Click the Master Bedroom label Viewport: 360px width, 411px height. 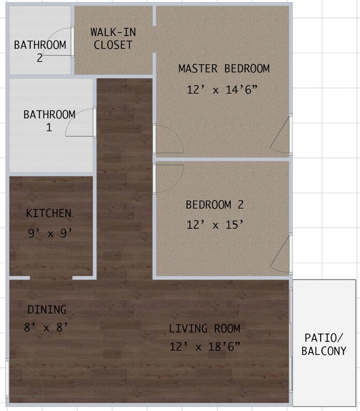pos(224,69)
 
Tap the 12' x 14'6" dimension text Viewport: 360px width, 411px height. pos(222,90)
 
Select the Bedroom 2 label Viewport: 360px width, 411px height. pos(214,205)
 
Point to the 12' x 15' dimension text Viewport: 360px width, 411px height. pos(214,225)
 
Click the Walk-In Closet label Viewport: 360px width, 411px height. pos(113,39)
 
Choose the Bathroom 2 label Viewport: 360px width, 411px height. pos(40,51)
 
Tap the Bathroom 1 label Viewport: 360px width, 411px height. pos(49,121)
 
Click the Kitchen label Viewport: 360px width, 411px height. pos(49,213)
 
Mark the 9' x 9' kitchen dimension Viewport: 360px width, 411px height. pos(50,233)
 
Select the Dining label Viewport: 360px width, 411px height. pos(47,310)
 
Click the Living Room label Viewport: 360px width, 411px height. pos(205,329)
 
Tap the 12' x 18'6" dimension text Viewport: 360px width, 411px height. pos(205,347)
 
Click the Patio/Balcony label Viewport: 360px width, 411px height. pos(324,344)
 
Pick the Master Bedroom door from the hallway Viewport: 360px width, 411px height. pos(168,139)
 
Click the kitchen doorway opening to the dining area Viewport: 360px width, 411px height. pos(51,278)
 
